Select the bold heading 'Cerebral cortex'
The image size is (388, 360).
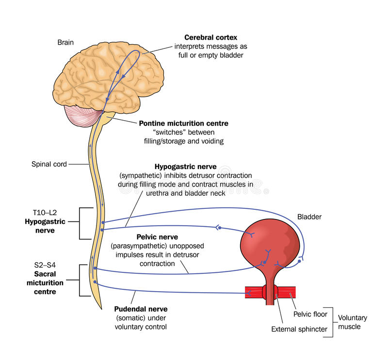(x=210, y=37)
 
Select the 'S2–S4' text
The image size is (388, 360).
(x=41, y=266)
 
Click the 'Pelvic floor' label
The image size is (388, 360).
(x=310, y=314)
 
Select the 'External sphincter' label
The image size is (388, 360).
(x=299, y=330)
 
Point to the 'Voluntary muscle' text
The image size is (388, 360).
(x=352, y=322)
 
